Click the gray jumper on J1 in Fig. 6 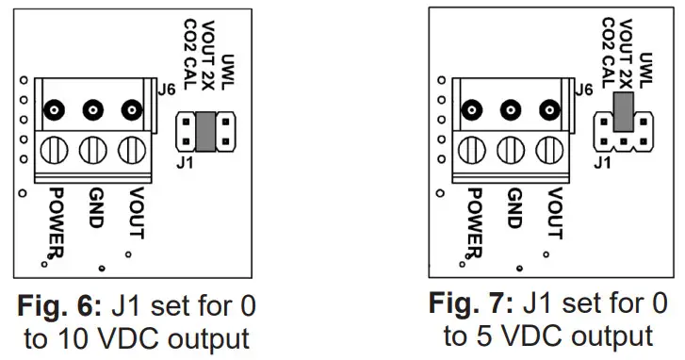pyautogui.click(x=204, y=132)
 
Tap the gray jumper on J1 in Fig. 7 pyautogui.click(x=621, y=112)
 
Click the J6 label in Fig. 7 pyautogui.click(x=584, y=90)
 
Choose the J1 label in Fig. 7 pyautogui.click(x=603, y=161)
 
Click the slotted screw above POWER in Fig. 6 pyautogui.click(x=53, y=151)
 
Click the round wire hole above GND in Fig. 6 pyautogui.click(x=92, y=110)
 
